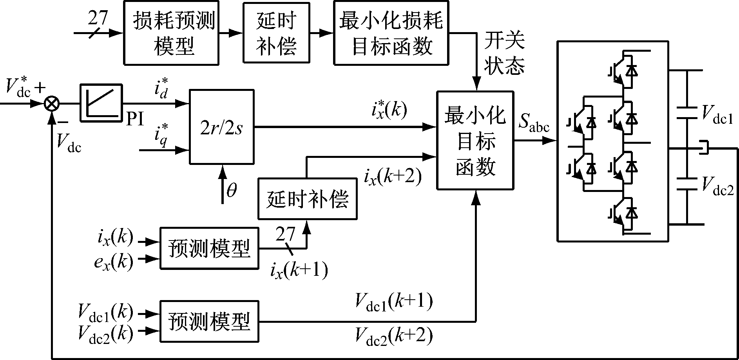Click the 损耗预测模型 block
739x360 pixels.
(x=171, y=33)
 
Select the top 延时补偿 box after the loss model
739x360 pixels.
(x=276, y=33)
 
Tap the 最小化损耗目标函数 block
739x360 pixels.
(x=391, y=33)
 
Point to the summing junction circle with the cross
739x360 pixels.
(x=51, y=104)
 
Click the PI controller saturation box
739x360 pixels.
(x=101, y=103)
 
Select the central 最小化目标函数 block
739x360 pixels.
(x=475, y=140)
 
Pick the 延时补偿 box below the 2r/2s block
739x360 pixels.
(x=307, y=198)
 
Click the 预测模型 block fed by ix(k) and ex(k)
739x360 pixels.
(x=209, y=248)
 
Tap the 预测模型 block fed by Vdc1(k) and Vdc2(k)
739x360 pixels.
(x=209, y=322)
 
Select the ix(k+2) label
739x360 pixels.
(x=392, y=177)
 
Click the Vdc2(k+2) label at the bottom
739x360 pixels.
(x=393, y=336)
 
